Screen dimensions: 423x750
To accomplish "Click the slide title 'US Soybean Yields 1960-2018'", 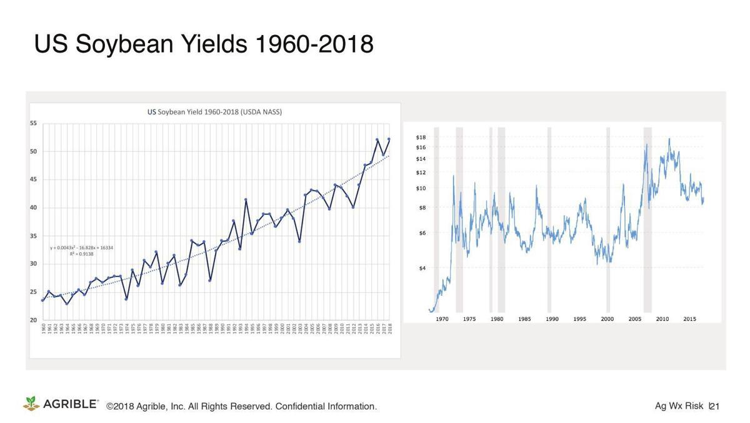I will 203,44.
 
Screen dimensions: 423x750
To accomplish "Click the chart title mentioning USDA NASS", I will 214,112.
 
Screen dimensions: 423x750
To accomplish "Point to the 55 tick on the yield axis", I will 33,123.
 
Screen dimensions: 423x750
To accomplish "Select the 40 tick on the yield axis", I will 33,208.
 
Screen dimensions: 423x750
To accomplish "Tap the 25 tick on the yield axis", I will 33,292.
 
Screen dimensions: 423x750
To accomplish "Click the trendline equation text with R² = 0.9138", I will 81,251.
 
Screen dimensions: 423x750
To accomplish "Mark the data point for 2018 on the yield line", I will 389,139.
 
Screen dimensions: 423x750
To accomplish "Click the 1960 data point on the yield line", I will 42,300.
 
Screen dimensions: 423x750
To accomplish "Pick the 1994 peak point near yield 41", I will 246,200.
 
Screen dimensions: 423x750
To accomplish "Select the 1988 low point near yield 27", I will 210,280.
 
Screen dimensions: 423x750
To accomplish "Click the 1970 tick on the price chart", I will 442,319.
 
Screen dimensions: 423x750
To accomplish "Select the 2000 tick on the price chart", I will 607,319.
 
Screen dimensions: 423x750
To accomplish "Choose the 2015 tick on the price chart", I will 689,319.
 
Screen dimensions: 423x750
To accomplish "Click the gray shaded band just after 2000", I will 608,219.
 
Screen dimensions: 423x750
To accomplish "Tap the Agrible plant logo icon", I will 31,404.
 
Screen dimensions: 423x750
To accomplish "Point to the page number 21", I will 715,407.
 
